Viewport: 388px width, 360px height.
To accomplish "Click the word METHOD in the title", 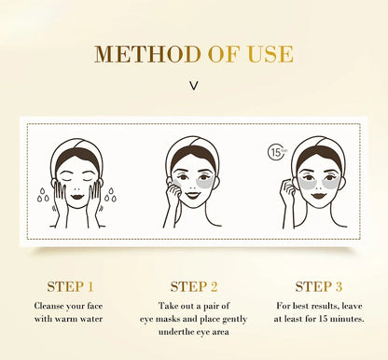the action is pyautogui.click(x=147, y=54).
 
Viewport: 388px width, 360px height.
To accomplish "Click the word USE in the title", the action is pyautogui.click(x=270, y=54).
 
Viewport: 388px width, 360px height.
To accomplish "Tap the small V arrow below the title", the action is pyautogui.click(x=194, y=86).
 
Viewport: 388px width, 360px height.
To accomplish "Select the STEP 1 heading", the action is pyautogui.click(x=70, y=286).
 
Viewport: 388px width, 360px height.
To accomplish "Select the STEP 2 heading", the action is pyautogui.click(x=194, y=286).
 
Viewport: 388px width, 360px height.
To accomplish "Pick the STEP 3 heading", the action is pyautogui.click(x=319, y=286).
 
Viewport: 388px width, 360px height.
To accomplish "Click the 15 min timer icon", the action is pyautogui.click(x=277, y=152).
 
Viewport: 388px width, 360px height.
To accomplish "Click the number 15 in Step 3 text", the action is pyautogui.click(x=323, y=319).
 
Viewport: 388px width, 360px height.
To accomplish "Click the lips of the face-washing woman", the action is pyautogui.click(x=76, y=197).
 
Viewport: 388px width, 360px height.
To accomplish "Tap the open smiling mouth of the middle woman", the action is pyautogui.click(x=193, y=196).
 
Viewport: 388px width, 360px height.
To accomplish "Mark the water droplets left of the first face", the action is pyautogui.click(x=43, y=195).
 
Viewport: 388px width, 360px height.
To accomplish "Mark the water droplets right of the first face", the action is pyautogui.click(x=111, y=195).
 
